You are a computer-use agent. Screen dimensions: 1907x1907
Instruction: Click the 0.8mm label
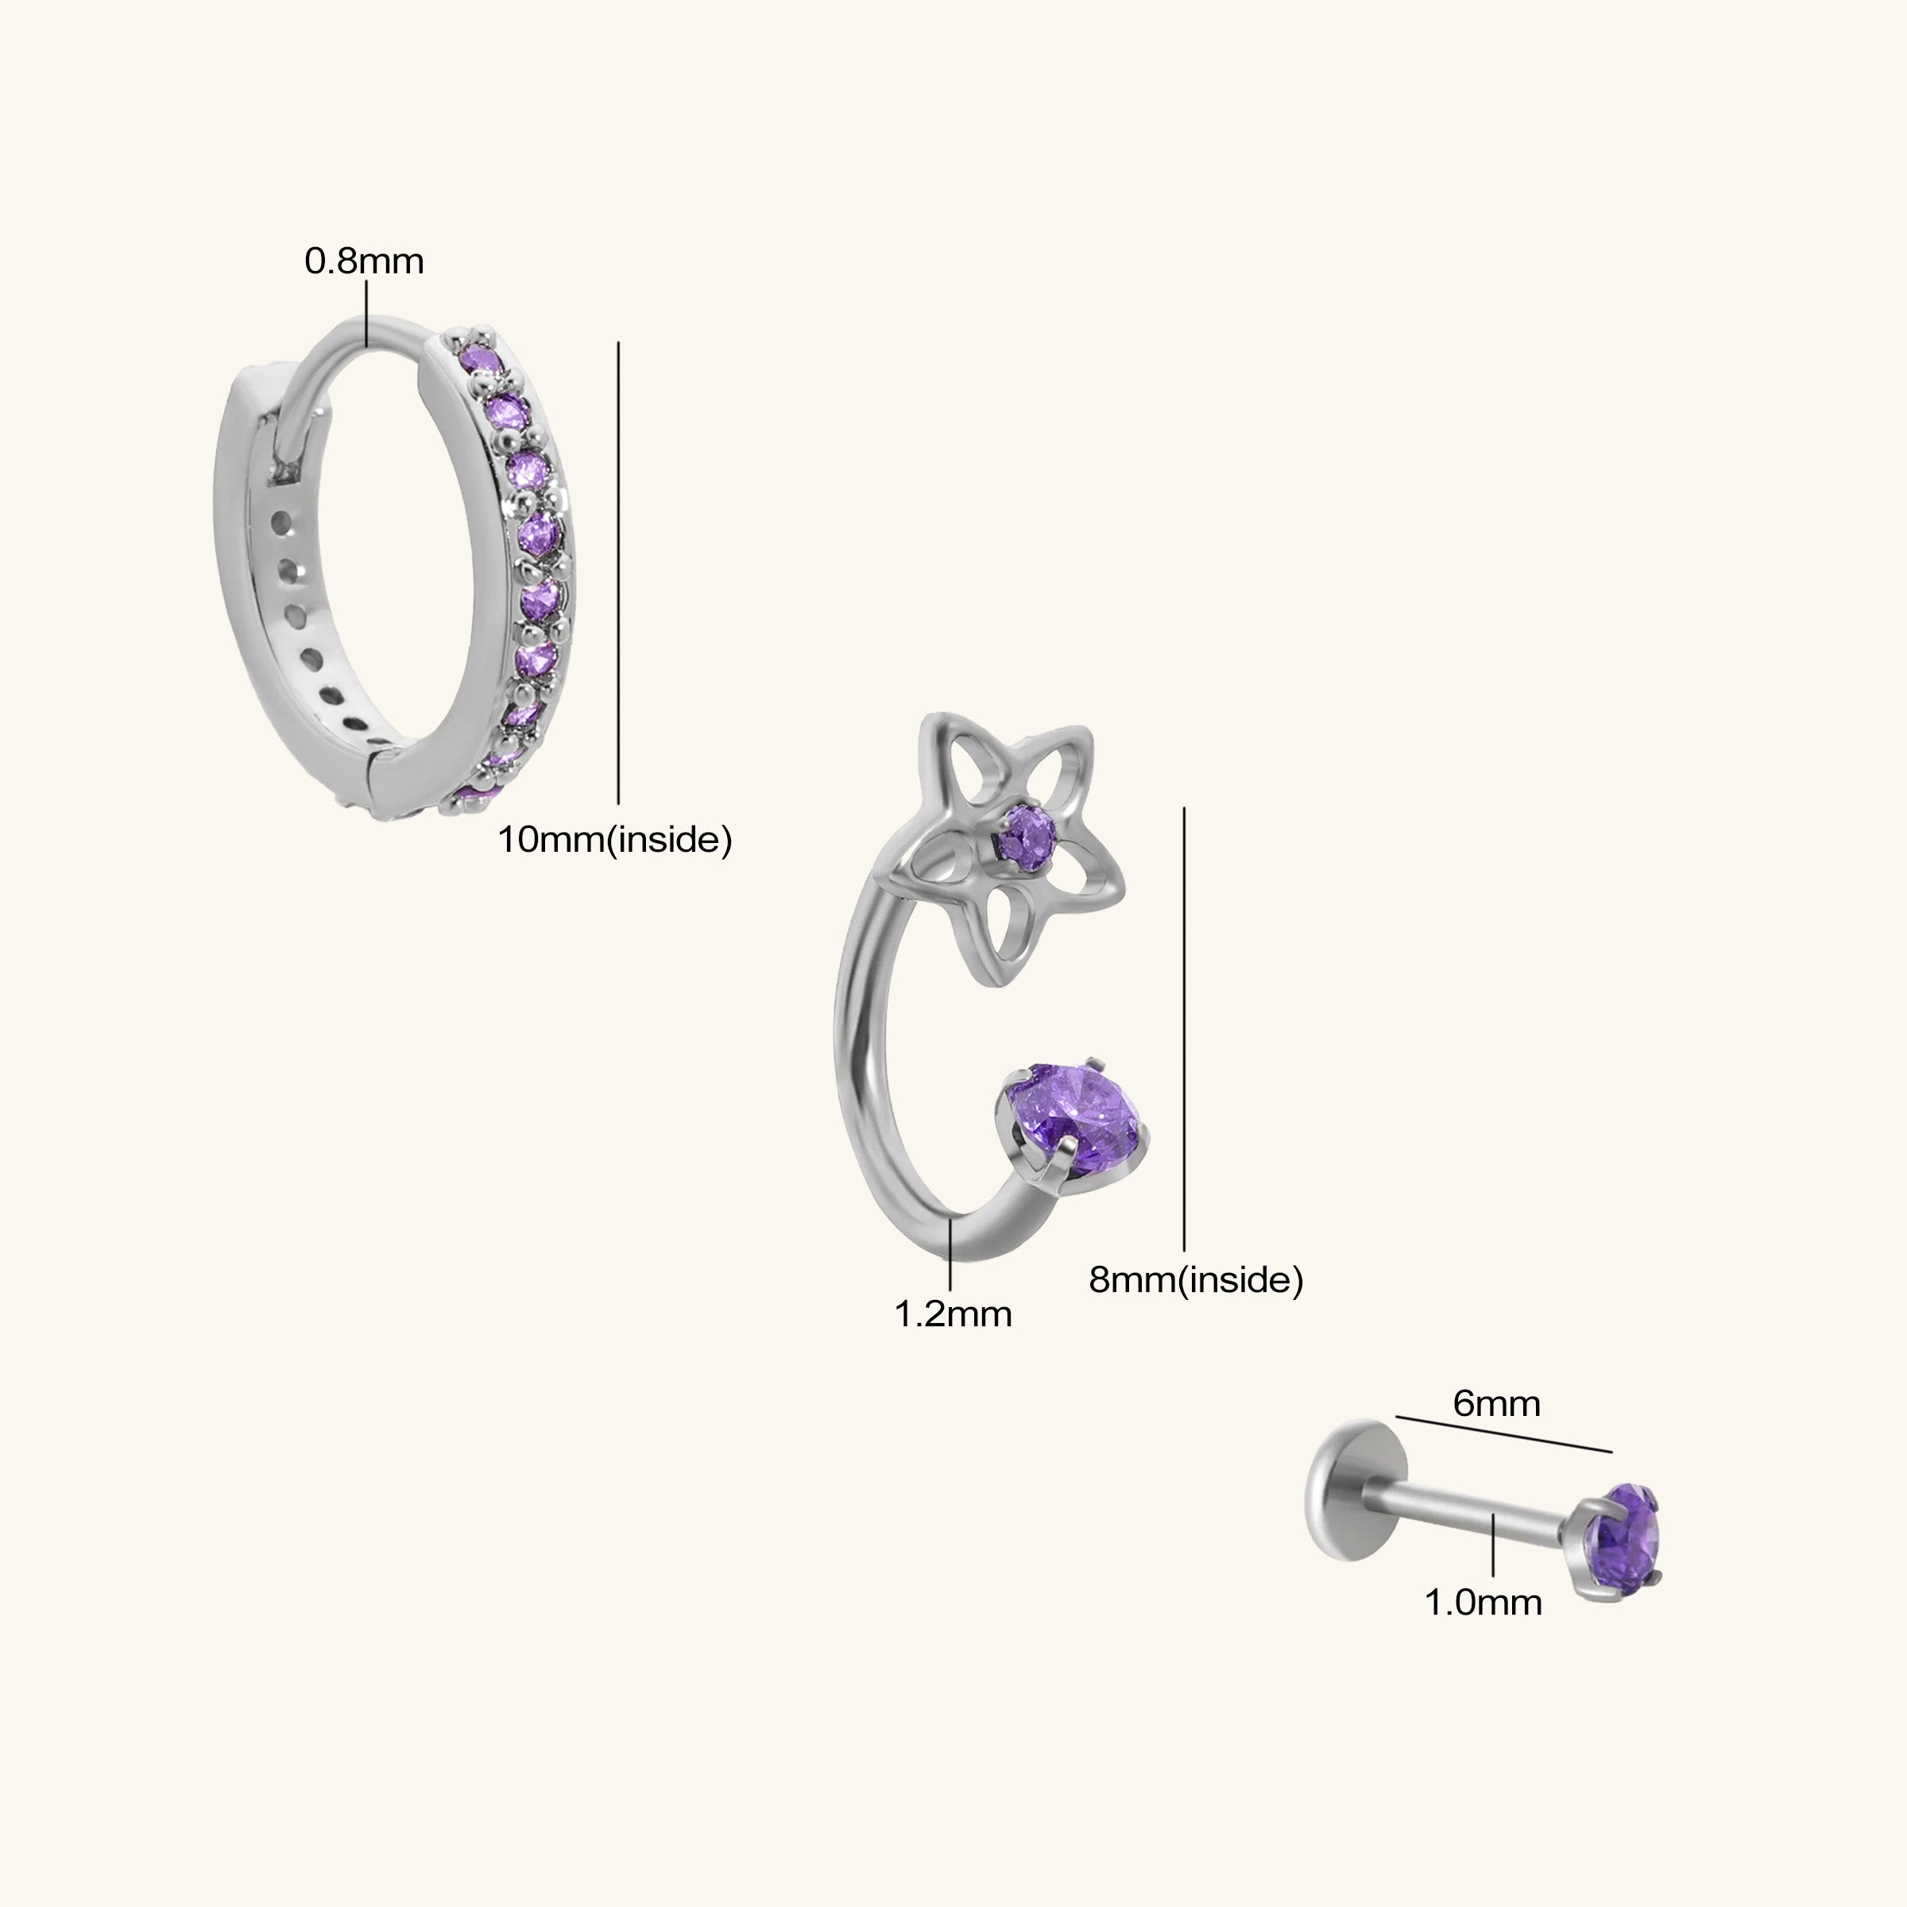pyautogui.click(x=364, y=261)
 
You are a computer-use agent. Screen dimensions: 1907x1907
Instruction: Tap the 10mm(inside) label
pyautogui.click(x=615, y=840)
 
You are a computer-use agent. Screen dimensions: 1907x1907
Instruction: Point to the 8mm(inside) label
pyautogui.click(x=1197, y=1280)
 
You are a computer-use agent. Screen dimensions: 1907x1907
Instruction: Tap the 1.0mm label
pyautogui.click(x=1483, y=1602)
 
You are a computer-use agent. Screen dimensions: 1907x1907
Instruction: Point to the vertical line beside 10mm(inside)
pyautogui.click(x=619, y=572)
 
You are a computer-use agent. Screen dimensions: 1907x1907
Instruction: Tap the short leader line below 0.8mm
pyautogui.click(x=366, y=313)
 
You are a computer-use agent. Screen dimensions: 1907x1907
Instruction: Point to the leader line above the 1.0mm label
pyautogui.click(x=1494, y=1545)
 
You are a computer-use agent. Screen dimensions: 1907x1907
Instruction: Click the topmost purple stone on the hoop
pyautogui.click(x=481, y=359)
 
